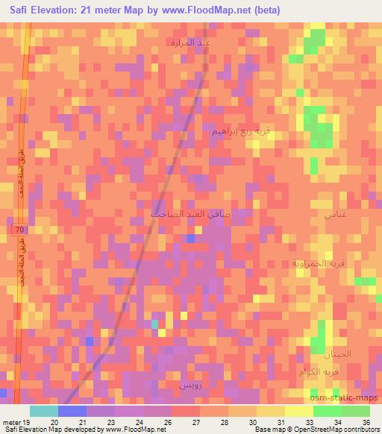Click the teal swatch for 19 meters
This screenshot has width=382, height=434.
[x=43, y=411]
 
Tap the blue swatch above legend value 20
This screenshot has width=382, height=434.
[x=72, y=411]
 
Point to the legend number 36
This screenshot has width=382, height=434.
[x=366, y=421]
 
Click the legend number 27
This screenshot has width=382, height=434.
[x=195, y=421]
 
